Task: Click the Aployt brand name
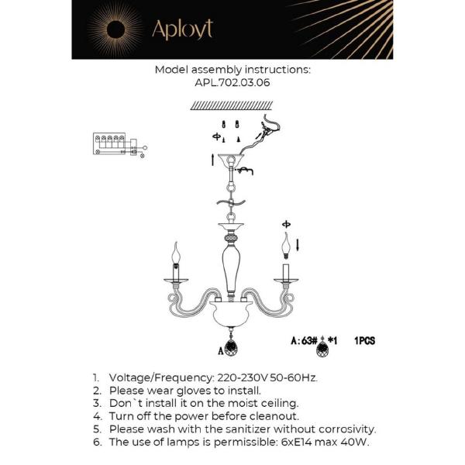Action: click(182, 29)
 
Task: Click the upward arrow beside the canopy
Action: click(214, 160)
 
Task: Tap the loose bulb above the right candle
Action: click(287, 246)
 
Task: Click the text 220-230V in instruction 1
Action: click(212, 377)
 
